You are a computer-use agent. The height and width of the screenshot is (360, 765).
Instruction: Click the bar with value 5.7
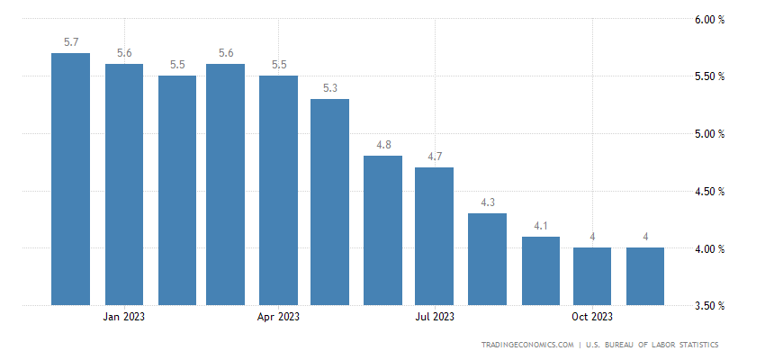[x=70, y=179]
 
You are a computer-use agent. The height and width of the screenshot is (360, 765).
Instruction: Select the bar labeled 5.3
[x=330, y=202]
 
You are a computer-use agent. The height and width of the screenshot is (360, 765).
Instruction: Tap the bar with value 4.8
[x=382, y=230]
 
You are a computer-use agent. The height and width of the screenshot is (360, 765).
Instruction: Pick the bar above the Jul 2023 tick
[x=434, y=236]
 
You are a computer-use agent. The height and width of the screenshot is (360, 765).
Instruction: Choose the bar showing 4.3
[x=488, y=259]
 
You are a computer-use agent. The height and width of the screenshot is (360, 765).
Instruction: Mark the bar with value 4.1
[x=540, y=271]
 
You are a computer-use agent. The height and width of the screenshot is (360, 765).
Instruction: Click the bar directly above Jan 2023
[x=124, y=184]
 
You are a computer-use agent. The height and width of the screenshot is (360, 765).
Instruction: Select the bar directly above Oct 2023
[x=592, y=276]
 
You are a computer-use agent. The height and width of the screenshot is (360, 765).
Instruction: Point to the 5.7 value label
[x=71, y=41]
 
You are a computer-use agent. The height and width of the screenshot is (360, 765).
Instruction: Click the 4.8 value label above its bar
[x=383, y=145]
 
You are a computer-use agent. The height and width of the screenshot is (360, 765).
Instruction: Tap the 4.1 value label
[x=540, y=226]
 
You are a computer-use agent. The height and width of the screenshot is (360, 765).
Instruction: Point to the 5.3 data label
[x=330, y=87]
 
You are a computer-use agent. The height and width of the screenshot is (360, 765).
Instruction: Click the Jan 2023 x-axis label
[x=124, y=316]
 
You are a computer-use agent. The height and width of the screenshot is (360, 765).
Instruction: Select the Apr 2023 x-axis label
[x=279, y=316]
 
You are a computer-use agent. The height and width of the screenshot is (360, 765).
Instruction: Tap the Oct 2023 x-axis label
[x=592, y=316]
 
